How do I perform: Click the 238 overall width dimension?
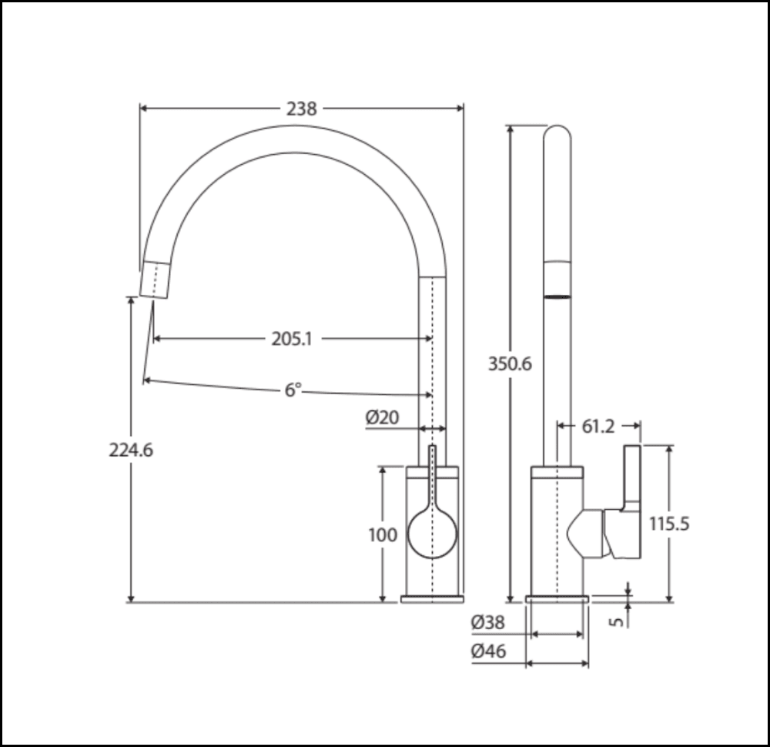coord(301,109)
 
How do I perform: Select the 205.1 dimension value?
coord(291,339)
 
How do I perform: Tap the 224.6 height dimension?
coord(130,451)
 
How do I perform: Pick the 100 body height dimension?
coord(383,534)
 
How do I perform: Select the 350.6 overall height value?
coord(510,364)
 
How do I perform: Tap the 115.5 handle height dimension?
coord(668,524)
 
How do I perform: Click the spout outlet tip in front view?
coord(155,280)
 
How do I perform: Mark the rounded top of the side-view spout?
coord(557,136)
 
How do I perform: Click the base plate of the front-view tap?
coord(432,598)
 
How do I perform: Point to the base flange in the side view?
coord(557,598)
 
